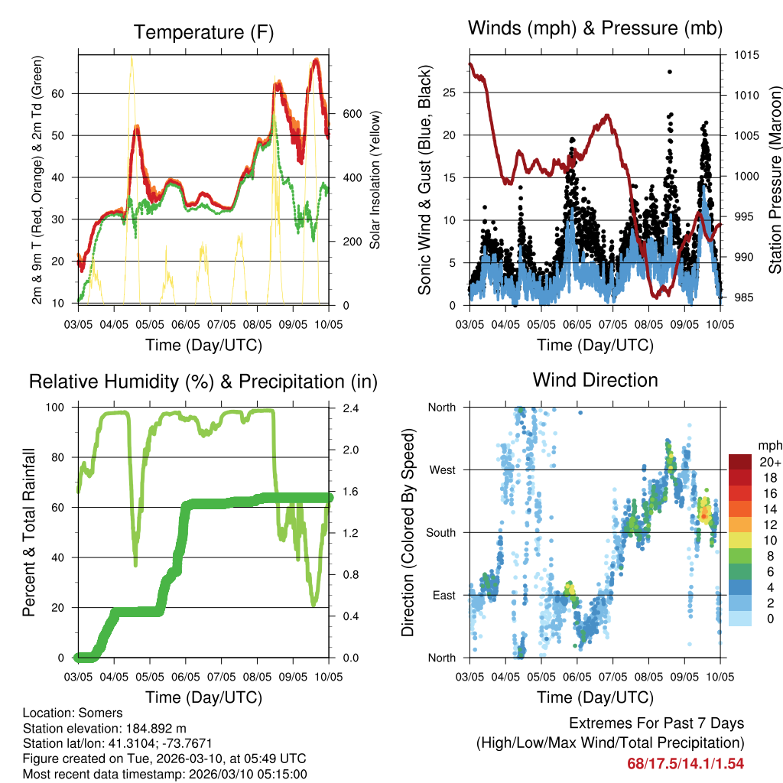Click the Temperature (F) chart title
(x=203, y=32)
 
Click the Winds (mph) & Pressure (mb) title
(x=595, y=28)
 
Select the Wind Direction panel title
(x=595, y=379)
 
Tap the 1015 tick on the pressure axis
(x=745, y=55)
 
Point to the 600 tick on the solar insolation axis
(x=352, y=113)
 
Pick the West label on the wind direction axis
(x=442, y=469)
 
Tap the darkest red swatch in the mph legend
(x=739, y=462)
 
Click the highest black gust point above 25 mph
(x=669, y=72)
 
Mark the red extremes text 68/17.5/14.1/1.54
(x=685, y=763)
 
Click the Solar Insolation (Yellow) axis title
(x=375, y=180)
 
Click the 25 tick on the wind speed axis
(x=450, y=93)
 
